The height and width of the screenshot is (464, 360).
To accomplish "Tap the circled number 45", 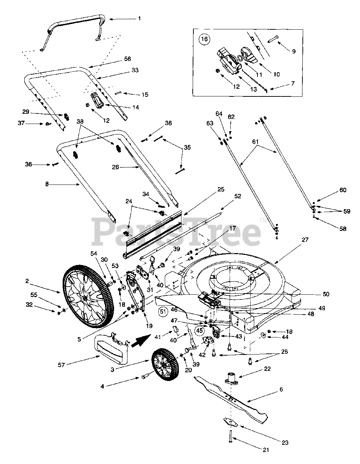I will click(199, 330).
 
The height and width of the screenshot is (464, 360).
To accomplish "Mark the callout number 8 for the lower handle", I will click(47, 185).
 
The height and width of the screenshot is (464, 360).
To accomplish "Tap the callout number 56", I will click(127, 59).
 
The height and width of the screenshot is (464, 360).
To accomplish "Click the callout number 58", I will click(342, 229).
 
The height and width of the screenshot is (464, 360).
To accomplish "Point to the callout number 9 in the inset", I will click(294, 51).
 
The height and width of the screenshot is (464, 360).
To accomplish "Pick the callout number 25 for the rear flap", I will click(221, 189).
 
